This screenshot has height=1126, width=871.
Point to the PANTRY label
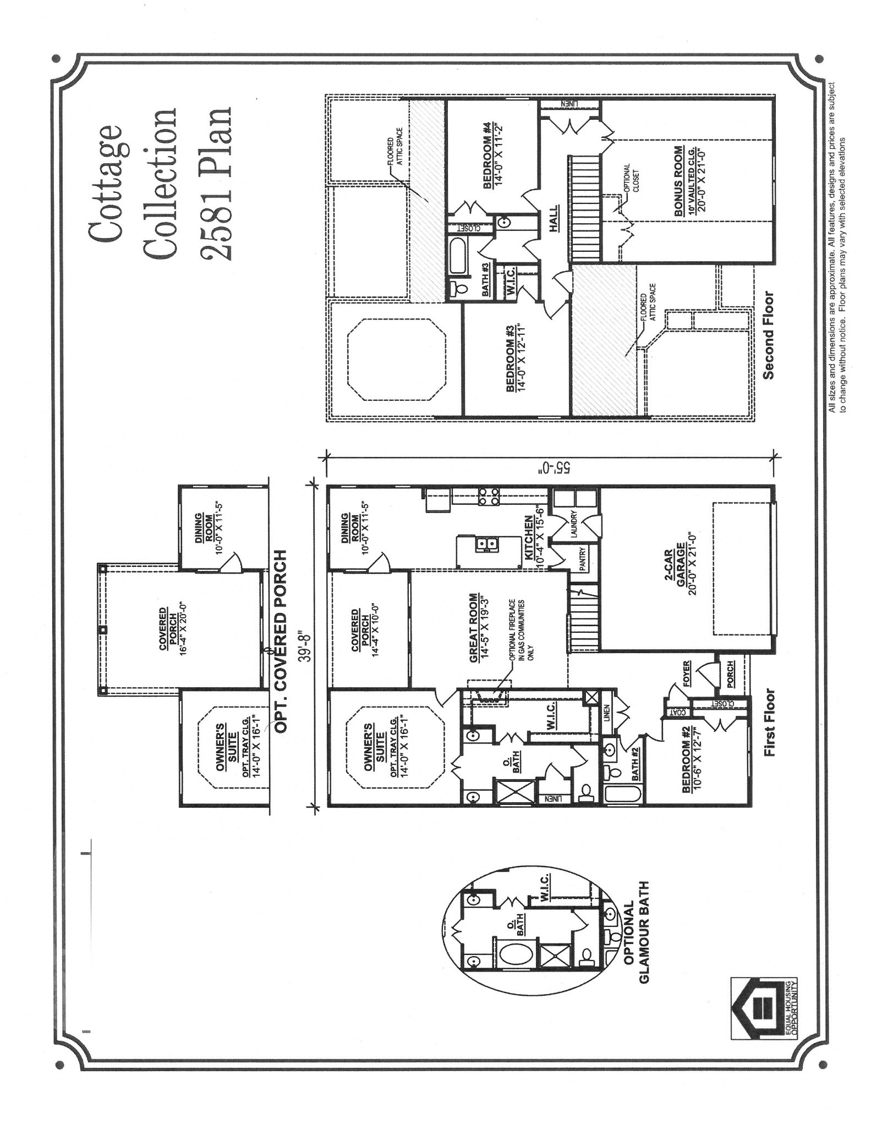coord(583,558)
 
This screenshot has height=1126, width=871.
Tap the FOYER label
coord(686,674)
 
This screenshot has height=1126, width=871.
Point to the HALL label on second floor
coord(553,217)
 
